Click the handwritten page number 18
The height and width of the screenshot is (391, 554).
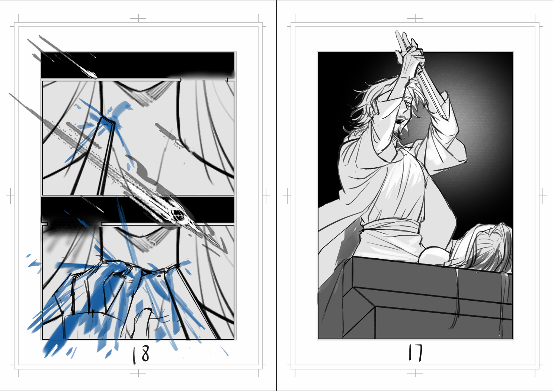141,355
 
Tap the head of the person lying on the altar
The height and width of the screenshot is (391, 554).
484,247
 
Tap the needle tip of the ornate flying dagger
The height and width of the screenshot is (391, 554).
219,246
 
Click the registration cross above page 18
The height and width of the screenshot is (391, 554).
138,18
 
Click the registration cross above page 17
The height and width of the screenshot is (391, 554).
415,18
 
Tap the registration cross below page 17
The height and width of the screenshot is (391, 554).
415,373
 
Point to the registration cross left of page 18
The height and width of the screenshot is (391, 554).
10,196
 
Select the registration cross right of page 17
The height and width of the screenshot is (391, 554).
542,196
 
